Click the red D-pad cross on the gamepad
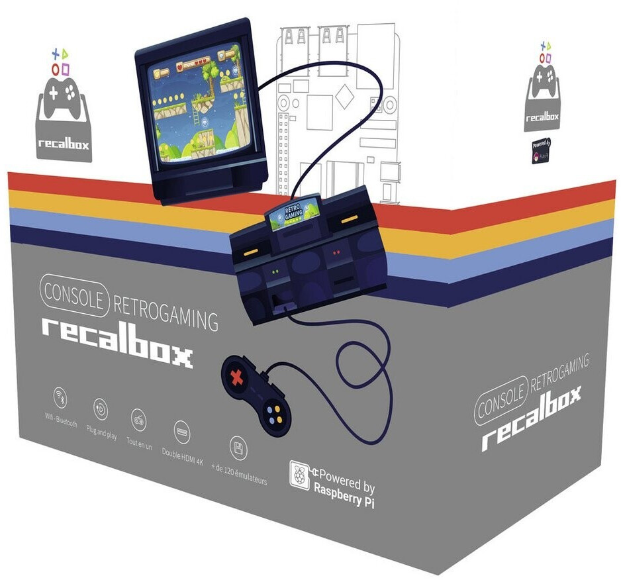(236, 378)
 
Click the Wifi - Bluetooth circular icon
(62, 397)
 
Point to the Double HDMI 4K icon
(181, 432)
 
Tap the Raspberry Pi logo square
(300, 475)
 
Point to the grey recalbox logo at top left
(64, 113)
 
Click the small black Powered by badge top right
(542, 152)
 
